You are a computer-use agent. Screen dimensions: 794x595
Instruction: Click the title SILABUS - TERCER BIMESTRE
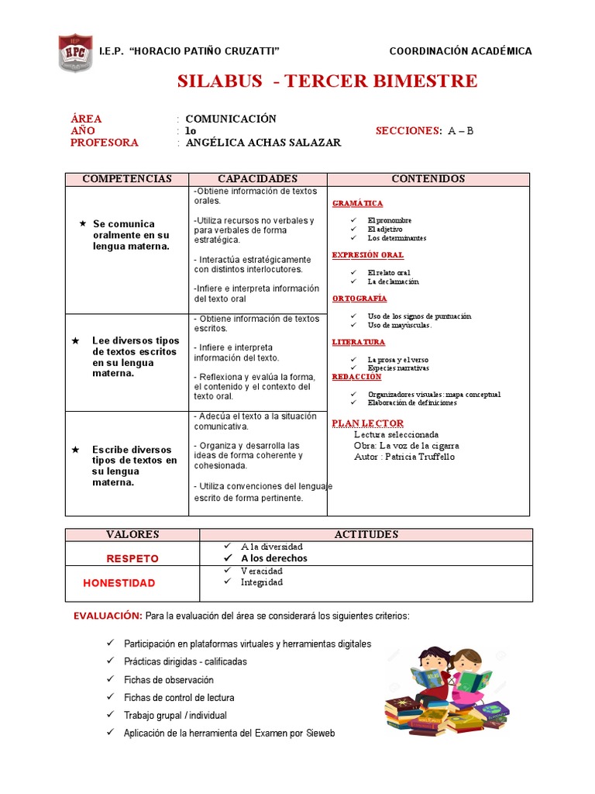(x=328, y=81)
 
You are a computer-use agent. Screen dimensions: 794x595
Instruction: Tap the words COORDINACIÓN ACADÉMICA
(x=460, y=51)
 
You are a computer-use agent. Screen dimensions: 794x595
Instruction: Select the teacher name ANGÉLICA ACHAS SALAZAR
(x=263, y=143)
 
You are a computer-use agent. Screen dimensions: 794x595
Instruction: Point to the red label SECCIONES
(x=408, y=131)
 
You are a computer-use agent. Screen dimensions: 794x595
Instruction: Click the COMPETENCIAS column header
(x=127, y=179)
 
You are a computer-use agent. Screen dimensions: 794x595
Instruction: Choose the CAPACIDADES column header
(x=257, y=179)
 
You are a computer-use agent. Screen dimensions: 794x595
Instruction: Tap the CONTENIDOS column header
(x=428, y=179)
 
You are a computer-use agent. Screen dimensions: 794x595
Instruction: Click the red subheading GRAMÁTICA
(x=357, y=203)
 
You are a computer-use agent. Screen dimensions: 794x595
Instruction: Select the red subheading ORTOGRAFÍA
(x=359, y=299)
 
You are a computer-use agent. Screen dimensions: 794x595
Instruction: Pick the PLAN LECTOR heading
(x=368, y=423)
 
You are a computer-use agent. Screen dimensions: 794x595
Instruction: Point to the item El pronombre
(x=390, y=221)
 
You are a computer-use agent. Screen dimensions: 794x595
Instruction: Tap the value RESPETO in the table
(x=132, y=558)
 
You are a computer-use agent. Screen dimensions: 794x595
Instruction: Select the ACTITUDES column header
(x=366, y=535)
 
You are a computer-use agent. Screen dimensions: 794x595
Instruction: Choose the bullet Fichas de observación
(x=168, y=680)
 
